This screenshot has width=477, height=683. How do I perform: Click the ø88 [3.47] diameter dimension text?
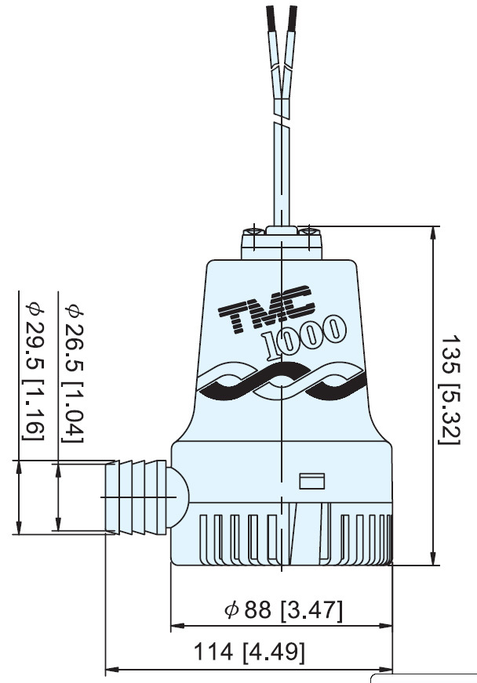pos(283,610)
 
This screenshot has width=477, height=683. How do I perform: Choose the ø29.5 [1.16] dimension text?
pos(34,371)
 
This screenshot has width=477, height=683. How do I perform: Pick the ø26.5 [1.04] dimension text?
pos(73,371)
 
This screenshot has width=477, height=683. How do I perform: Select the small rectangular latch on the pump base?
pos(313,480)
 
